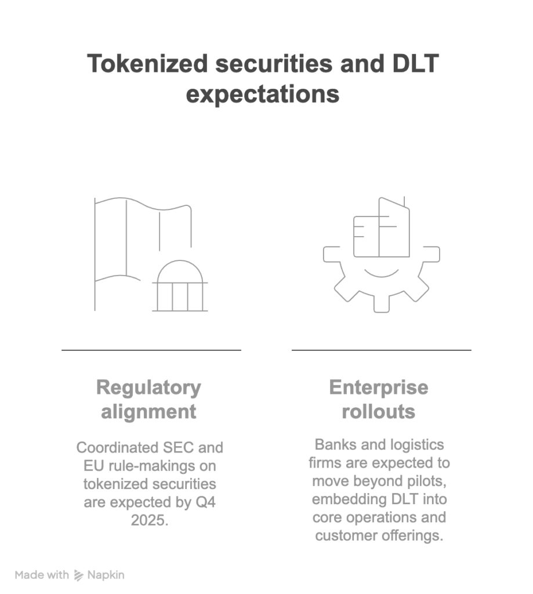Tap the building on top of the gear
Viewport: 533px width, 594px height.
[x=381, y=229]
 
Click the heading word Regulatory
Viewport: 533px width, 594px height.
[x=148, y=387]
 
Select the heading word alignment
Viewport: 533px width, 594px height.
[x=148, y=411]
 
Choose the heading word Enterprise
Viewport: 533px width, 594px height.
[x=379, y=387]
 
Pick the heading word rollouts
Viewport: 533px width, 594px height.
[x=379, y=411]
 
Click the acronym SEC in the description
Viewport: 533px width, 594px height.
[x=180, y=448]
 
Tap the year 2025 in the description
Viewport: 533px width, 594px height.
[x=149, y=520]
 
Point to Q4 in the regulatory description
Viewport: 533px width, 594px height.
[x=204, y=502]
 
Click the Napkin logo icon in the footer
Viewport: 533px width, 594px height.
[x=79, y=575]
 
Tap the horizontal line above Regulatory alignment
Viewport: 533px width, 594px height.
[x=151, y=350]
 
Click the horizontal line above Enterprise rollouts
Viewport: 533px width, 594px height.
[x=381, y=350]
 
